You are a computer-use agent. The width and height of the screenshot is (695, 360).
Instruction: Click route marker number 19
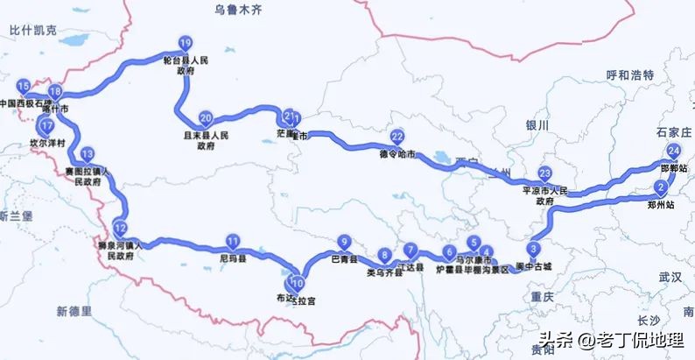(184, 43)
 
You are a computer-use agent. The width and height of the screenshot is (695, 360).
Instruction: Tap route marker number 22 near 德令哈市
(397, 137)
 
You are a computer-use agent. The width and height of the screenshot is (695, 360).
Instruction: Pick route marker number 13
(87, 154)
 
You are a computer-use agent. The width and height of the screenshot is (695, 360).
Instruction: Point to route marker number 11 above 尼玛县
(233, 242)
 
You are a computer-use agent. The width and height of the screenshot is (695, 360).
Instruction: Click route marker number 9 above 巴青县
(345, 243)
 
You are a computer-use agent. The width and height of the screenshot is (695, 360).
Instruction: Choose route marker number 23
(544, 173)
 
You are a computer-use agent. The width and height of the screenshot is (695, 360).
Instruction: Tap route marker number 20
(206, 118)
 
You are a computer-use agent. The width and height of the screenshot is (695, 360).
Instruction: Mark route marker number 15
(24, 86)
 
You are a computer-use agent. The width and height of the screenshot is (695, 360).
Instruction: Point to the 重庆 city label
(542, 297)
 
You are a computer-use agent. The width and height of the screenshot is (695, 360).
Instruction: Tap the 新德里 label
(74, 311)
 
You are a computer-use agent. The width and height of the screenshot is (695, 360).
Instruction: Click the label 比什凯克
(32, 30)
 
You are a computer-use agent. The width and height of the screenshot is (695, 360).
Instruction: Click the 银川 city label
(537, 126)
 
